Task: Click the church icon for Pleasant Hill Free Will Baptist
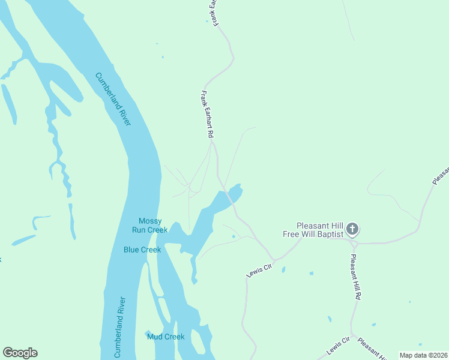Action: click(352, 229)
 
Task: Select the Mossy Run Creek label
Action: click(149, 225)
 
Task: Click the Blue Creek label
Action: click(142, 250)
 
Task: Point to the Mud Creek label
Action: click(166, 337)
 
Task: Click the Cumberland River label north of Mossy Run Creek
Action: click(113, 99)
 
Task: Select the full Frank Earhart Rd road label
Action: click(207, 115)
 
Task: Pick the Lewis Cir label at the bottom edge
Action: click(338, 346)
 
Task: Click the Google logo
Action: click(20, 353)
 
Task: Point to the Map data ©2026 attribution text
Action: click(423, 355)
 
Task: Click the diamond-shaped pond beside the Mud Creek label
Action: click(148, 334)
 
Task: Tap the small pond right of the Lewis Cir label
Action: click(283, 270)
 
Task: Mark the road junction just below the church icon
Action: click(355, 243)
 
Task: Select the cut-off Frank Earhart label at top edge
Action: click(214, 12)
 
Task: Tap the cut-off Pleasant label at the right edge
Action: click(440, 174)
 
